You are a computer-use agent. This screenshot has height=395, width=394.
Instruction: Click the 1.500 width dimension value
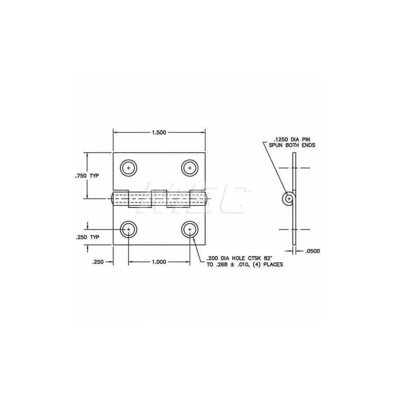[x=159, y=133]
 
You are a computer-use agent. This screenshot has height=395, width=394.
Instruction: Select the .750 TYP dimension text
[x=87, y=176]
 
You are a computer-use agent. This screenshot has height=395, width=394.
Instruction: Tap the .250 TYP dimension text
[x=87, y=237]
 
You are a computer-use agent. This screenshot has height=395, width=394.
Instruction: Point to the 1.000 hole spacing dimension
[x=159, y=262]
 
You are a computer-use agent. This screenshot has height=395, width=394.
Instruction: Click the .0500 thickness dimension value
[x=312, y=251]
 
